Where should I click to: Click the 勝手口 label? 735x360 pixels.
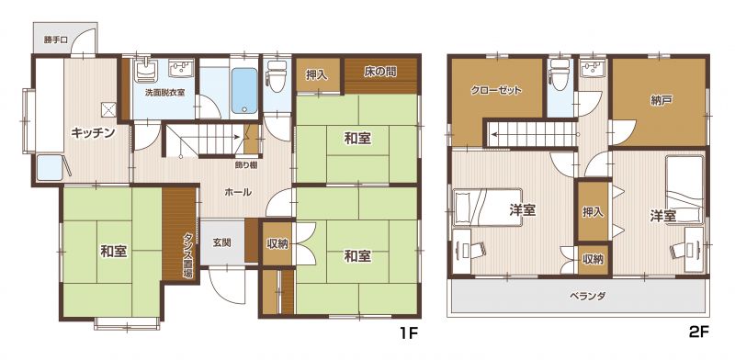56,39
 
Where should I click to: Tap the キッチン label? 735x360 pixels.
94,133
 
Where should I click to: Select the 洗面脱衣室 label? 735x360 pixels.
164,93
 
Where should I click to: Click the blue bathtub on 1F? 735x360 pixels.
244,91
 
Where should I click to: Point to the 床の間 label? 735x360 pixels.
380,72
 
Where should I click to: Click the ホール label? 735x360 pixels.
238,192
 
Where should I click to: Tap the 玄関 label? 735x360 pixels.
221,243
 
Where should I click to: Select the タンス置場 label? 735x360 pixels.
187,256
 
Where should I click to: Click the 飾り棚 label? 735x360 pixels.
245,164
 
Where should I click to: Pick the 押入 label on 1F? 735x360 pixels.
317,75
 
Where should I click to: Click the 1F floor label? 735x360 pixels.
408,333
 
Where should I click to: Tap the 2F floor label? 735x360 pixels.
699,332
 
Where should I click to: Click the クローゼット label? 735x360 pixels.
496,91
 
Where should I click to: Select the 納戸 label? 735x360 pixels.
659,101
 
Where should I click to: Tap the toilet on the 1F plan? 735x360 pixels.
277,76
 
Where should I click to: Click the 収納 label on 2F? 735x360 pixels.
593,259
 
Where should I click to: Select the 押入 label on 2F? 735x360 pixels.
593,212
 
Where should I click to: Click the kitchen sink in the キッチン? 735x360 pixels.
50,167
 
